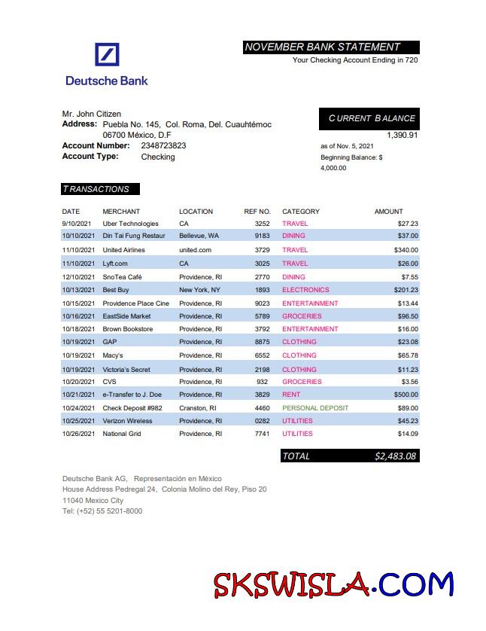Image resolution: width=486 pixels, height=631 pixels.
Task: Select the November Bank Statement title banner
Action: coord(331,47)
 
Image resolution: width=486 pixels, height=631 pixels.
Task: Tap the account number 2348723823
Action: coord(163,145)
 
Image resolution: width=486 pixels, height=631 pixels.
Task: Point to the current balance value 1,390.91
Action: coord(402,135)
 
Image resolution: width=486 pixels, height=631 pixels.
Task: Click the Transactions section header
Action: coord(100,189)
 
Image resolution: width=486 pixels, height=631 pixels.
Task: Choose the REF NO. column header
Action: coord(257,212)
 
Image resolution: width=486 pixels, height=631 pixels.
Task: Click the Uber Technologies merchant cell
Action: coord(130,224)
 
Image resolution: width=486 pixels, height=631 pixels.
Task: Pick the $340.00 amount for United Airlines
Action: coord(406,250)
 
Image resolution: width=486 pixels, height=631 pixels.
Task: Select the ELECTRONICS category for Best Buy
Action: coord(305,290)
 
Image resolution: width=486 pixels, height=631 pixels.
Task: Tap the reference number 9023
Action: coord(262,303)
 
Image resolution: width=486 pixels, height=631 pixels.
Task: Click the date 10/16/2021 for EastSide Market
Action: coord(78,316)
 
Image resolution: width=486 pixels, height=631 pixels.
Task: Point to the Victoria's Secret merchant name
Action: coord(126,370)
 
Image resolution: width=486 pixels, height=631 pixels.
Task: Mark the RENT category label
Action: coord(291,395)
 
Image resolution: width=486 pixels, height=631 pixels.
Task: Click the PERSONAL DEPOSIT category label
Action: coord(315,408)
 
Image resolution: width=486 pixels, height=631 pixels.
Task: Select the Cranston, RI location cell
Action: coord(198,408)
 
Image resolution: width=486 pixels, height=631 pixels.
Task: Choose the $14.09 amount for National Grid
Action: coord(408,434)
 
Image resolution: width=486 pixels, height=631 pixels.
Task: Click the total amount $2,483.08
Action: coord(395,456)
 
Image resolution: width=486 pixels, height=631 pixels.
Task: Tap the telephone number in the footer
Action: coord(102,511)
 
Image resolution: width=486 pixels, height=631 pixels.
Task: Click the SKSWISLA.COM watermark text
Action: coord(333,584)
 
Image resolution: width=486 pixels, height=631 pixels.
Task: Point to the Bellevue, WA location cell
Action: coord(199,236)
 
